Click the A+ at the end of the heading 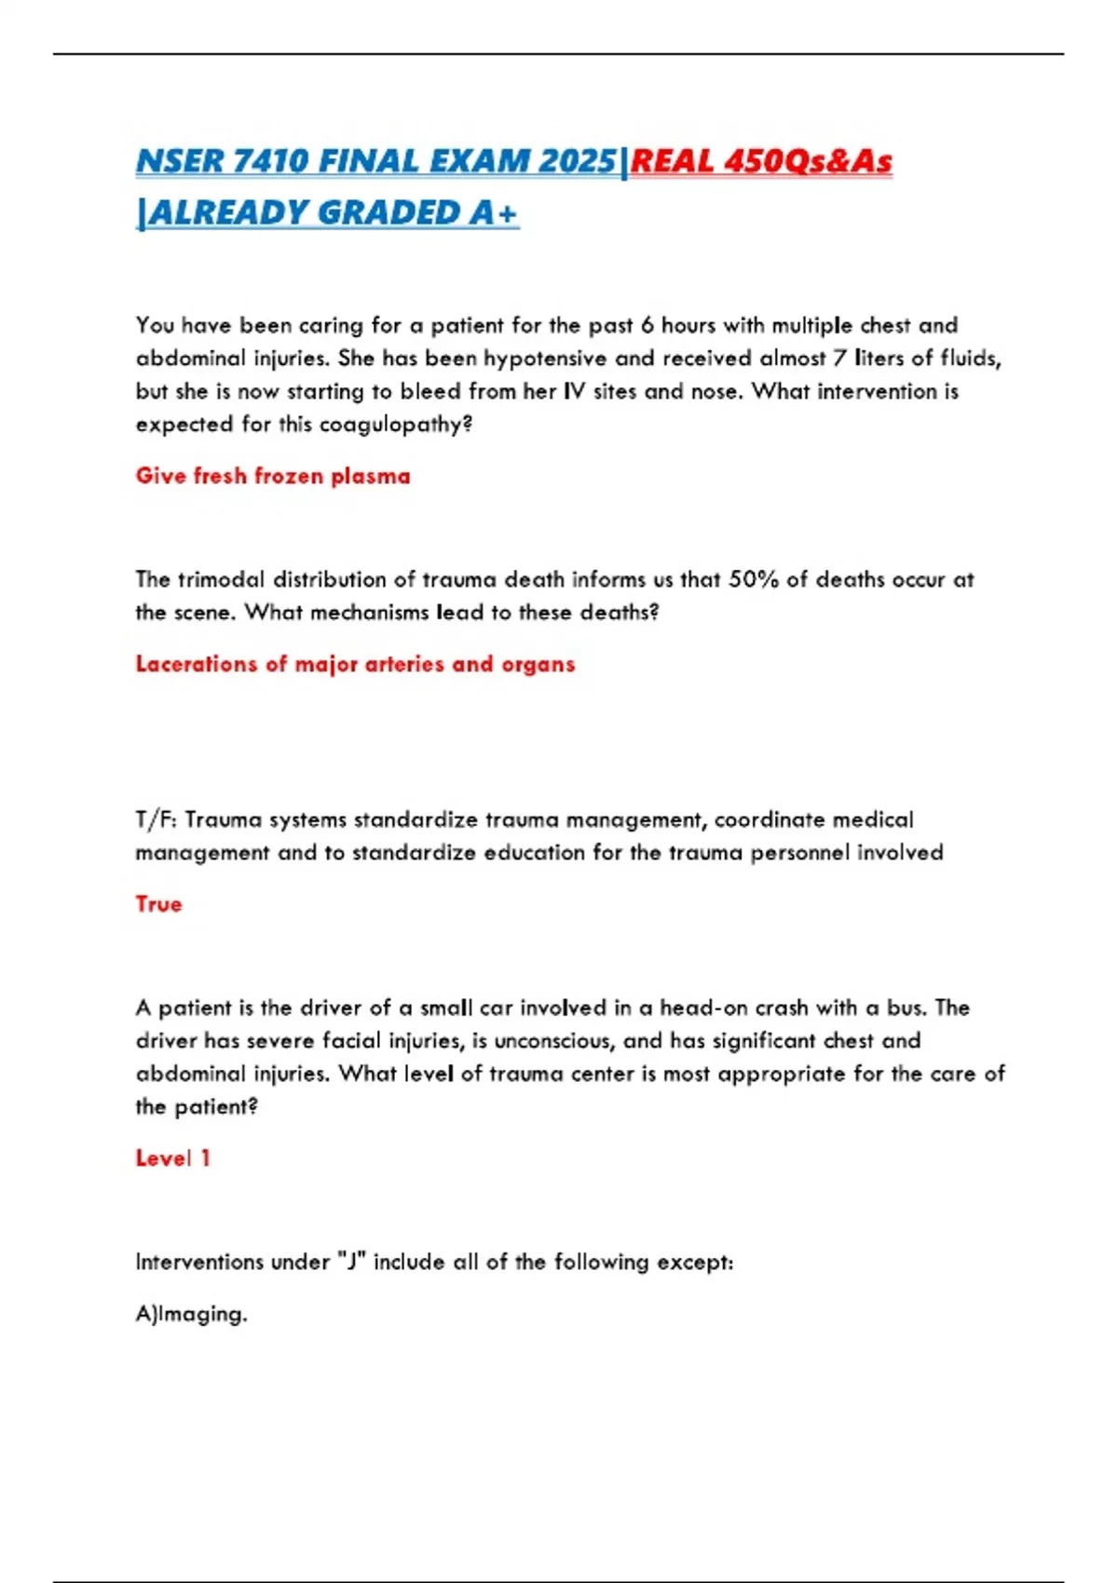pos(494,213)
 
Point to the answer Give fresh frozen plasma pos(272,476)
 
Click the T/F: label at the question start pos(157,819)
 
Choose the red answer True pos(158,904)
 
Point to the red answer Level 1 pos(172,1158)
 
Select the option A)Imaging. pos(191,1314)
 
